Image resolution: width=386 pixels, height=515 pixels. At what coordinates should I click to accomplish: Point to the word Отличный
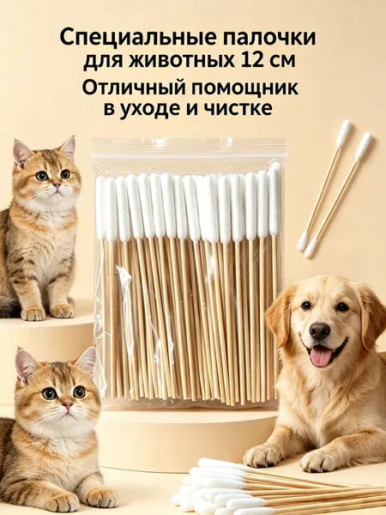click(x=135, y=88)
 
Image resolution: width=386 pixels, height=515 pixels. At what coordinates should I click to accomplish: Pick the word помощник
click(x=245, y=88)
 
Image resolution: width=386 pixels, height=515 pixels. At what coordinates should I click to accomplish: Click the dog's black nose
click(x=319, y=331)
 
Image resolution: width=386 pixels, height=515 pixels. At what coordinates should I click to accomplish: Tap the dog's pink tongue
click(x=320, y=357)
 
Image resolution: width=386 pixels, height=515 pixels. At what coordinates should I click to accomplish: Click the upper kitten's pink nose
click(x=57, y=186)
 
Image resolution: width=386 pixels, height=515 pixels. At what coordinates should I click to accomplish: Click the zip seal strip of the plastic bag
click(x=189, y=148)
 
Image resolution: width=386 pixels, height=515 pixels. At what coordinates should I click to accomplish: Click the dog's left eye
click(x=342, y=307)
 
